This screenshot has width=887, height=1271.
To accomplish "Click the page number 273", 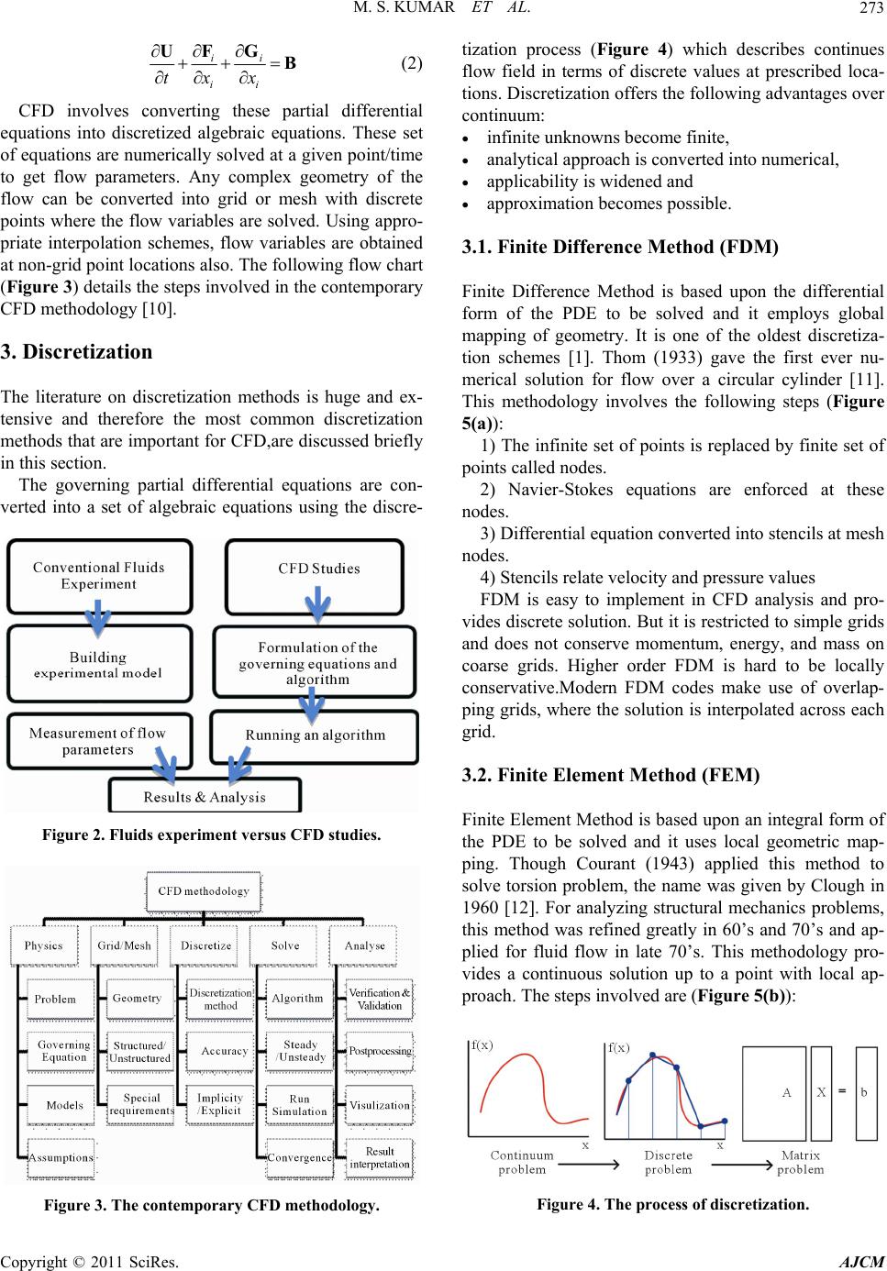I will pos(870,11).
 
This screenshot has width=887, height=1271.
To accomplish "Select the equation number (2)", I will pos(412,64).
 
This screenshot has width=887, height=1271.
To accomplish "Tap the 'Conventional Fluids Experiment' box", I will pos(98,576).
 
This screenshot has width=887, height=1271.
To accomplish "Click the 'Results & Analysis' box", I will pos(205,796).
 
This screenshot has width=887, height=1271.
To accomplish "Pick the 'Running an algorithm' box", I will pos(315,735).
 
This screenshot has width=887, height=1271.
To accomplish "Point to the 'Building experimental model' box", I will pos(98,665).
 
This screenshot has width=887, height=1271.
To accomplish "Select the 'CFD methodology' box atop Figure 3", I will pos(203,890).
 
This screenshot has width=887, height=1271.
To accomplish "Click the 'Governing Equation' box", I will pos(63,1051).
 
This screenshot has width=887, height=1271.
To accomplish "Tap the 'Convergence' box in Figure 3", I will pos(299,1157).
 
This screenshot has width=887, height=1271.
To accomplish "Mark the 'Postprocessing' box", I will pos(380,1051).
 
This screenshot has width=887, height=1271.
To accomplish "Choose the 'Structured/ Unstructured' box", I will pos(139,1052).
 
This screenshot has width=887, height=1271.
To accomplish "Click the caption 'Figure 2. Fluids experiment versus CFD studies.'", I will pos(211,834).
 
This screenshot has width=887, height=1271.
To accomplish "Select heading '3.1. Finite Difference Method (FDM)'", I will pos(621,247).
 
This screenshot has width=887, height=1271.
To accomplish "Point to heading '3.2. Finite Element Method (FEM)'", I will pos(611,775).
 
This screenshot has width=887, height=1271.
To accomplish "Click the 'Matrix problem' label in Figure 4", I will pos(801,1162).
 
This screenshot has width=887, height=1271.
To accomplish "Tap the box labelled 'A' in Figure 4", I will pos(786,1093).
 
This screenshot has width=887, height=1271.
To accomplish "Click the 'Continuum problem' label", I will pos(522,1162).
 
